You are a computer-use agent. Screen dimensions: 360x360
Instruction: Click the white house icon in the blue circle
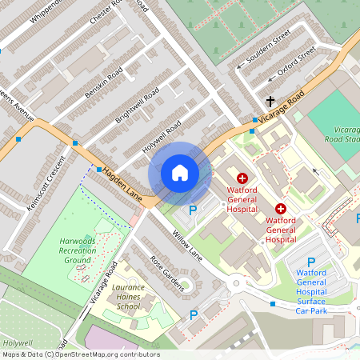pyautogui.click(x=180, y=173)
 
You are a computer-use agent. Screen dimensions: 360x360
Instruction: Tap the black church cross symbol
pyautogui.click(x=270, y=102)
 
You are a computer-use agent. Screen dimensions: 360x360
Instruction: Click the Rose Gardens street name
pyautogui.click(x=167, y=273)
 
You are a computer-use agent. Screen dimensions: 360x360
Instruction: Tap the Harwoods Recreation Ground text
pyautogui.click(x=78, y=250)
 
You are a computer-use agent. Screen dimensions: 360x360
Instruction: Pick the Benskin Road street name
pyautogui.click(x=103, y=84)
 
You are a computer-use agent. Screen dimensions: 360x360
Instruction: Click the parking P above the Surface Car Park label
pyautogui.click(x=311, y=263)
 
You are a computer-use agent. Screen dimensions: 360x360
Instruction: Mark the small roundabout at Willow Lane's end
pyautogui.click(x=238, y=283)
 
